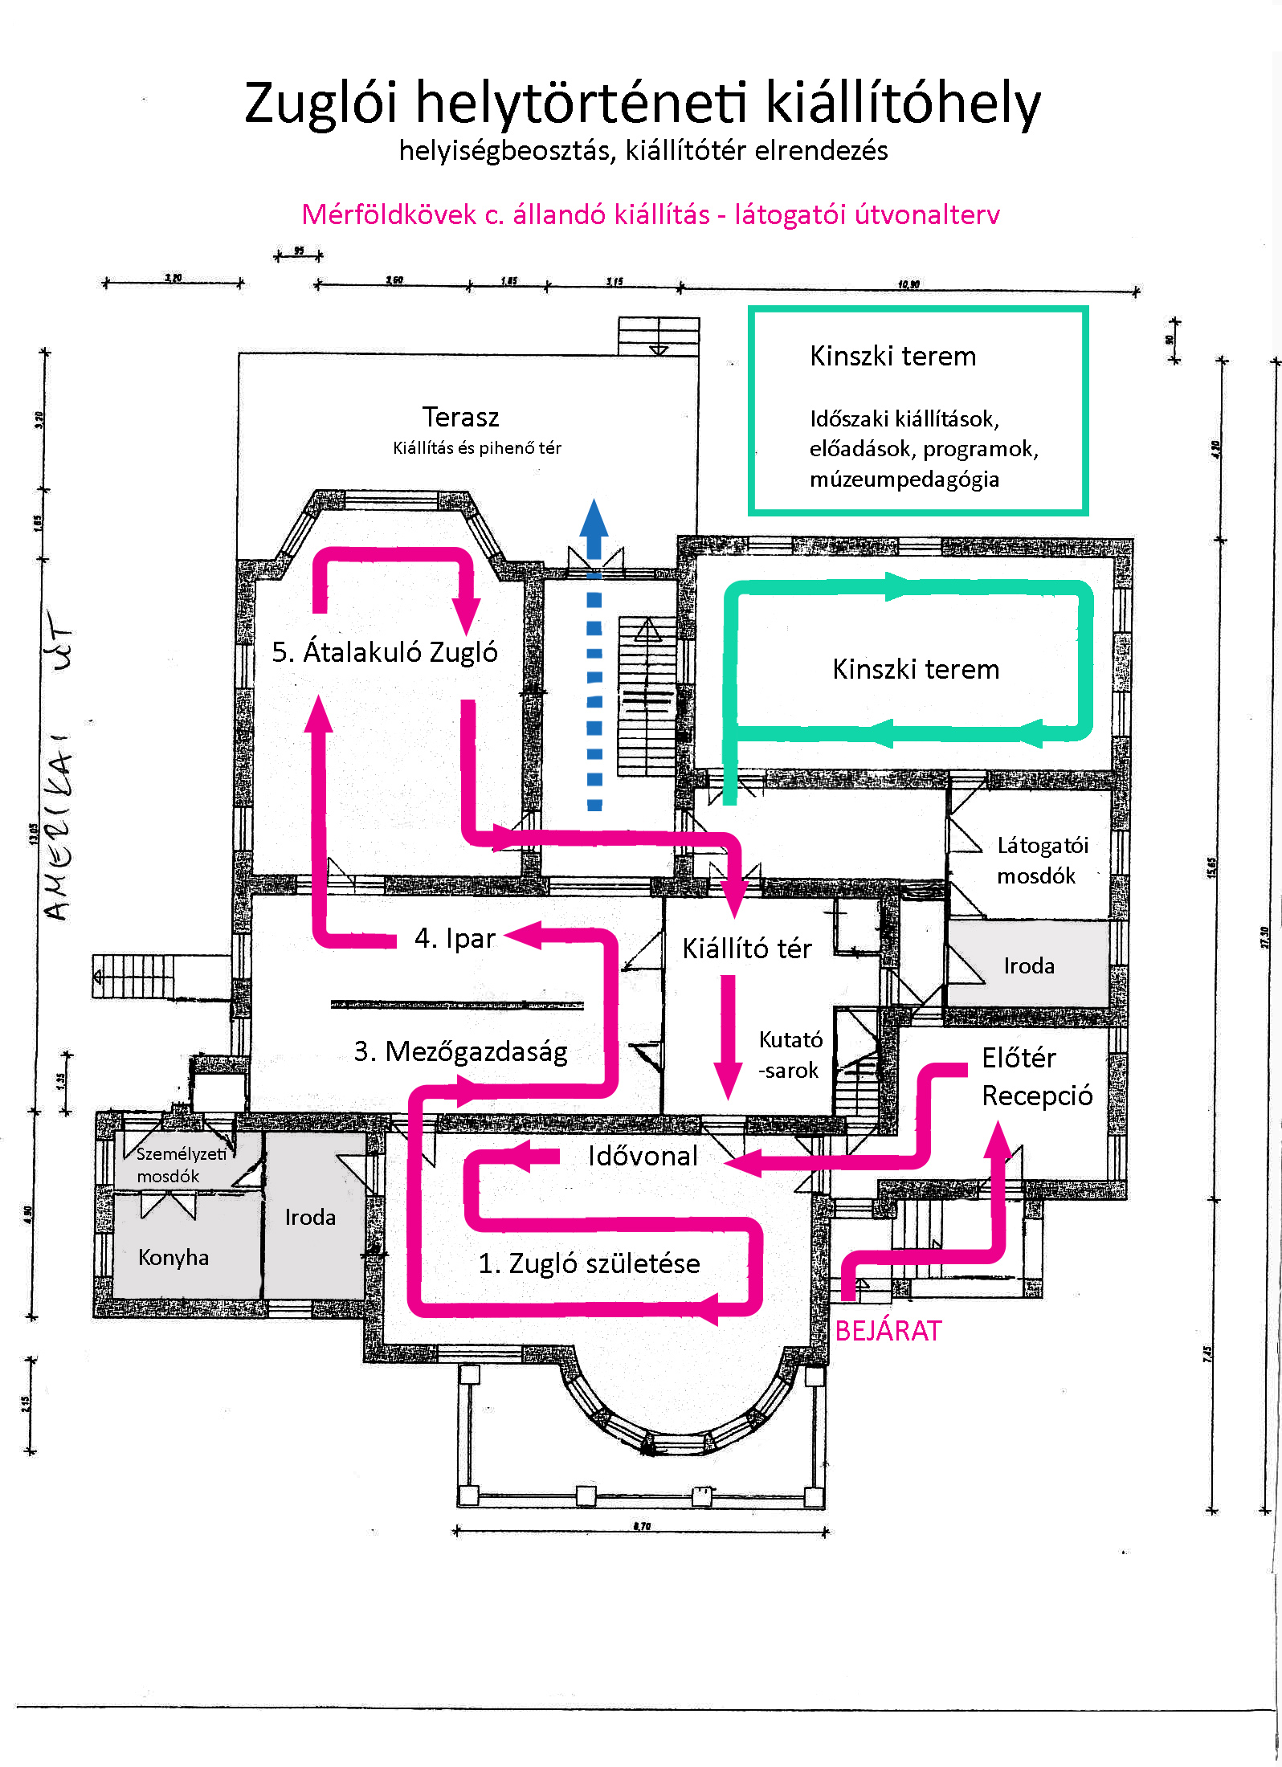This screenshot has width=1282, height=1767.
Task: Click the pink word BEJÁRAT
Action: tap(888, 1332)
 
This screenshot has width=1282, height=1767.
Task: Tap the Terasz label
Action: tap(460, 418)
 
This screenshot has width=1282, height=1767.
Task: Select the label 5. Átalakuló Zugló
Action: tap(385, 652)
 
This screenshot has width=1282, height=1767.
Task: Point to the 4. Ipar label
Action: tap(455, 938)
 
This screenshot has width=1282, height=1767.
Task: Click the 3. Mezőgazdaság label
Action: tap(460, 1051)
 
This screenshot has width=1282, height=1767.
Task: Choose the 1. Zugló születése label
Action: tap(589, 1263)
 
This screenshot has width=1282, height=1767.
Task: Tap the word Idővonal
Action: tap(643, 1156)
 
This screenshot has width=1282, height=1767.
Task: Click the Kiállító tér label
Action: tap(746, 949)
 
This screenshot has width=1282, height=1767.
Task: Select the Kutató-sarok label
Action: tap(790, 1055)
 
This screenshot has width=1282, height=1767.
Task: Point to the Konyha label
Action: tap(174, 1257)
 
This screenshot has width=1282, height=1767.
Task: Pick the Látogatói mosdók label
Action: tap(1042, 860)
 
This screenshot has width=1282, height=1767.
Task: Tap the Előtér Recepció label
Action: tap(1036, 1077)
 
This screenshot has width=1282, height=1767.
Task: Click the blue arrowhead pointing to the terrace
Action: tap(594, 518)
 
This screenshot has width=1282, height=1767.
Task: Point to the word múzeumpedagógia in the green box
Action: tap(904, 479)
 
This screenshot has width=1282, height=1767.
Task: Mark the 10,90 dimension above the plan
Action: tap(908, 284)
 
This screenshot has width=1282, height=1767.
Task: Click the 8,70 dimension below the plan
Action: tap(642, 1526)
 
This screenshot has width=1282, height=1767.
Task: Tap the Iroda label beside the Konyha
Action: tap(310, 1218)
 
